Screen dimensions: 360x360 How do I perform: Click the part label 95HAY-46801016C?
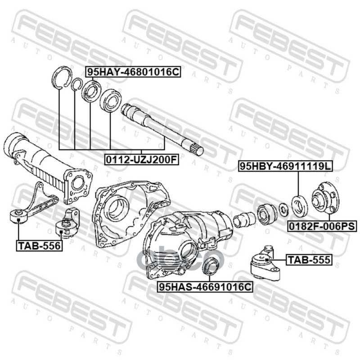click(x=133, y=71)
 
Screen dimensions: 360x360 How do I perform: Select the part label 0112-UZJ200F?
click(x=141, y=158)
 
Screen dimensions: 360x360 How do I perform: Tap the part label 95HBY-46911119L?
click(x=285, y=166)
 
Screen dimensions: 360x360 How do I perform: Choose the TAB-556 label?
click(x=39, y=245)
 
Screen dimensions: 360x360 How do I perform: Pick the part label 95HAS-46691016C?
click(x=205, y=286)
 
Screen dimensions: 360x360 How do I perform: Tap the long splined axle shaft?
click(x=162, y=128)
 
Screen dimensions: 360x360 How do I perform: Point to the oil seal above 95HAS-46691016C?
click(x=210, y=267)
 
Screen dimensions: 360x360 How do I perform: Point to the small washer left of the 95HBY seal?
click(x=283, y=209)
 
